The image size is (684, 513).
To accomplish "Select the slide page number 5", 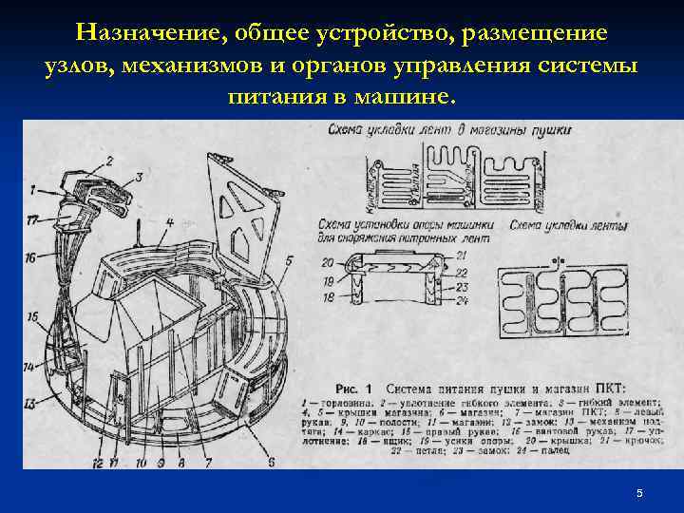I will (x=639, y=493).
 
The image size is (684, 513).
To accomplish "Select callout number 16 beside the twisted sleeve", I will (x=30, y=257).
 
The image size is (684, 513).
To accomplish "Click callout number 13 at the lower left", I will (x=30, y=404).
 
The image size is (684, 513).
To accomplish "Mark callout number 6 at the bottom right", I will (x=271, y=462).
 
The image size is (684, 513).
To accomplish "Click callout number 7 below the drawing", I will (x=207, y=464).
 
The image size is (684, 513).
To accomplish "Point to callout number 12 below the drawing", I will (x=97, y=464).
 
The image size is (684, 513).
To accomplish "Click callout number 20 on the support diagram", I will (x=327, y=261).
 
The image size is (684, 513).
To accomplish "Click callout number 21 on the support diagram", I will (x=462, y=256).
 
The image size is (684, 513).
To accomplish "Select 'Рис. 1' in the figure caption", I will (x=357, y=388).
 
